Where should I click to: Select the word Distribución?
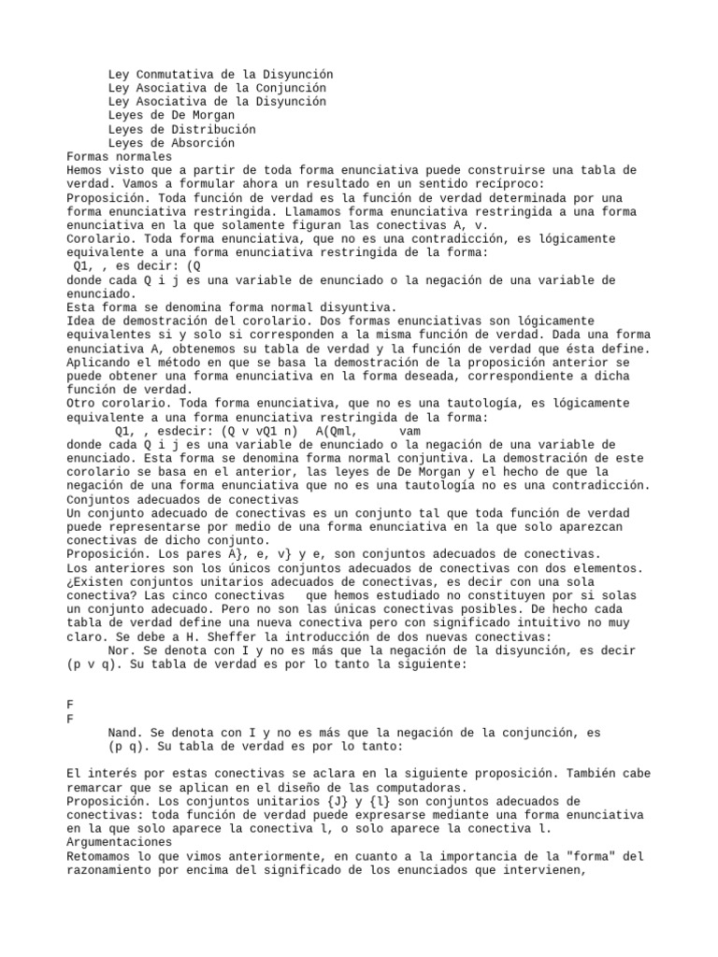(210, 129)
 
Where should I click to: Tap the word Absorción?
(200, 143)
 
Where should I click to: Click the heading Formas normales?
(120, 157)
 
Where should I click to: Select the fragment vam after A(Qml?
(409, 431)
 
